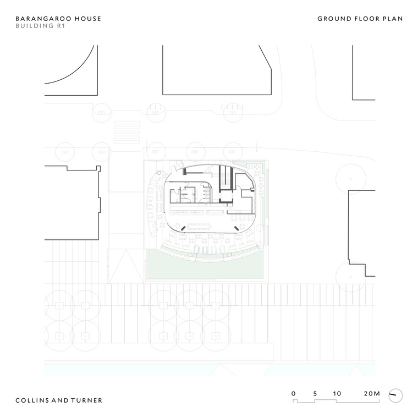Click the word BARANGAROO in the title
[x=43, y=19]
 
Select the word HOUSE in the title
[x=88, y=19]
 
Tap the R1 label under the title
[x=61, y=26]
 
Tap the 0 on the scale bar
[x=293, y=393]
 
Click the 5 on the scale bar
[x=315, y=393]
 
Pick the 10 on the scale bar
[x=337, y=393]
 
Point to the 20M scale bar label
[x=372, y=393]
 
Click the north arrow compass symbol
[x=395, y=395]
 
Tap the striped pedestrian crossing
[x=127, y=132]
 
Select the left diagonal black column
[x=183, y=228]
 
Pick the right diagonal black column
[x=237, y=228]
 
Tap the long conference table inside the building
[x=199, y=227]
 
